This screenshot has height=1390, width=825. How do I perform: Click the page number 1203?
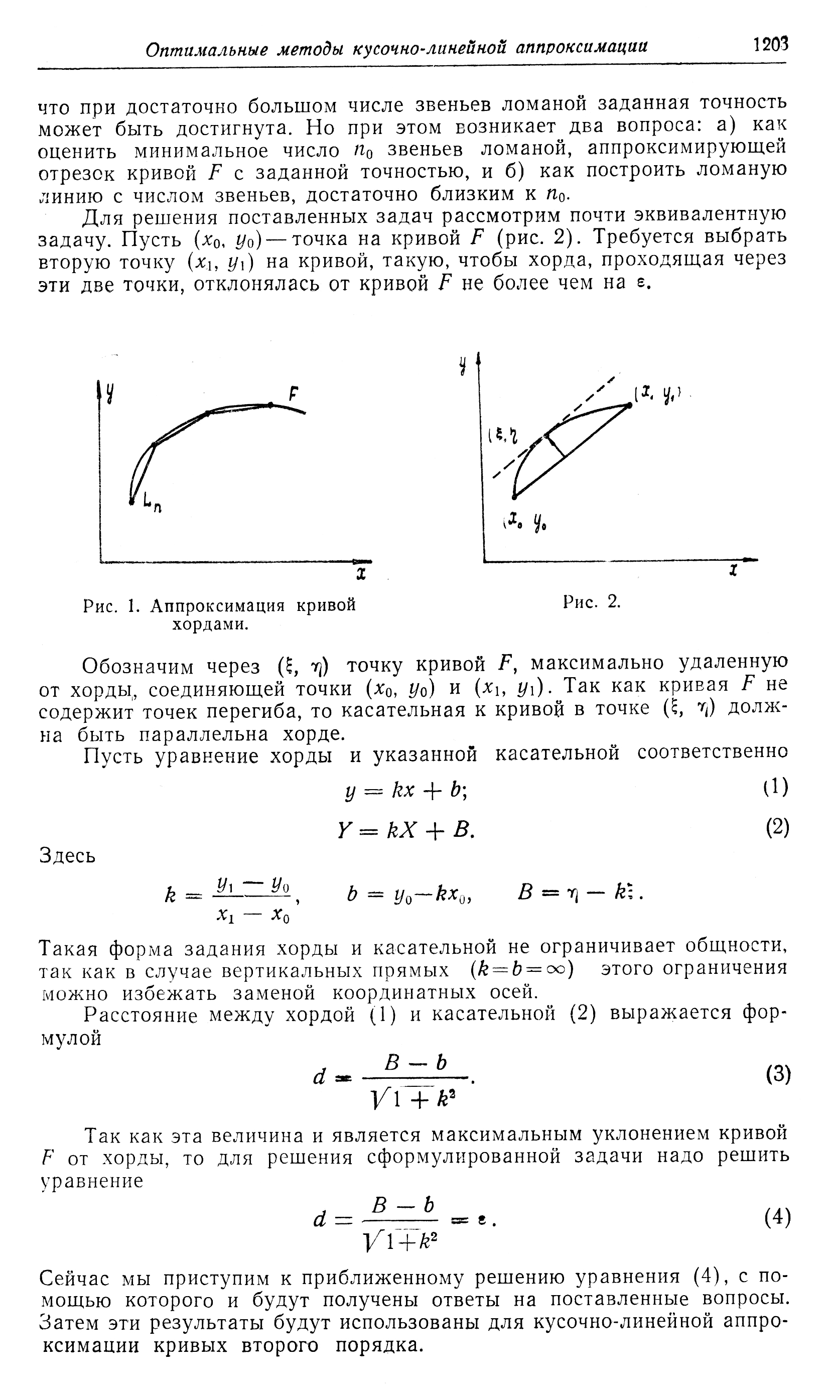click(x=770, y=45)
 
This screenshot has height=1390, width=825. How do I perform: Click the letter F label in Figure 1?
click(x=293, y=394)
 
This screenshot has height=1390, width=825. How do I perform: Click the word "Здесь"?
click(x=67, y=856)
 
